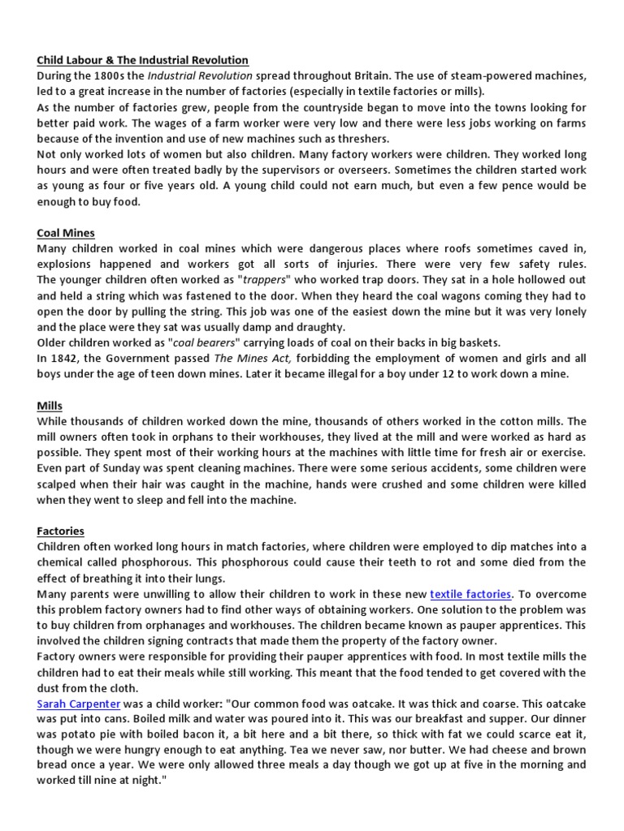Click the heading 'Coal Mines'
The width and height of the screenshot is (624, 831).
click(x=66, y=233)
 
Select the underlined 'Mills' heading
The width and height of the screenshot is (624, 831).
click(x=50, y=405)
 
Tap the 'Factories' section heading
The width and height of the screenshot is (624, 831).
click(x=61, y=530)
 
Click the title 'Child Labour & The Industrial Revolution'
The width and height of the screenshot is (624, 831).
click(x=143, y=60)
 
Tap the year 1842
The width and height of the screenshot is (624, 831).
click(x=65, y=358)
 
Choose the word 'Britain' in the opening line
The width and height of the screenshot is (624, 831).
click(x=375, y=75)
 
